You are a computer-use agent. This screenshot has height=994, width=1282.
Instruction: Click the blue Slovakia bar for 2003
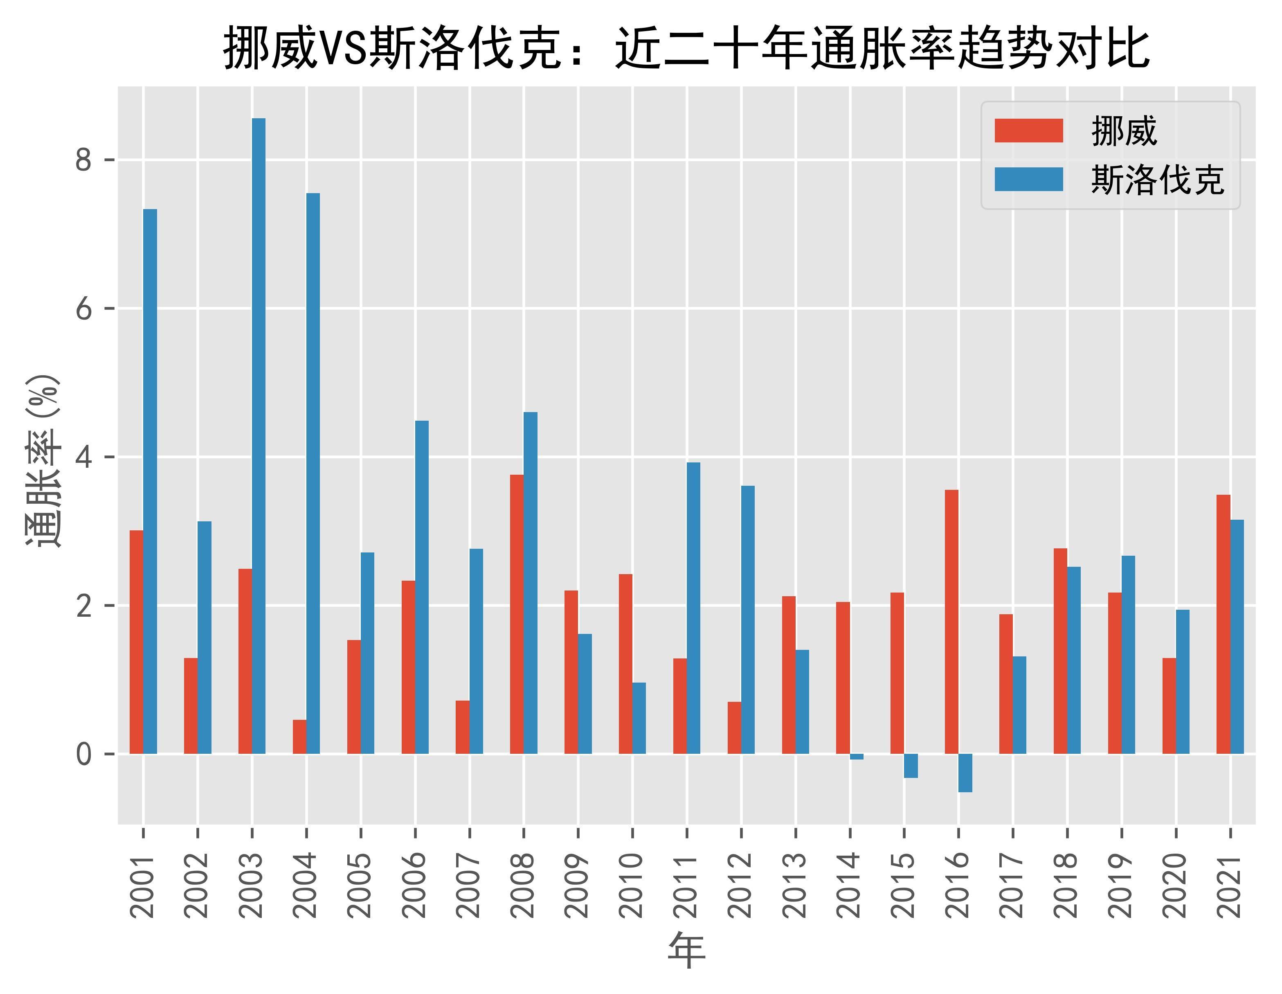tap(258, 436)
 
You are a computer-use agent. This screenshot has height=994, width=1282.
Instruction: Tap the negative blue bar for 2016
tap(965, 773)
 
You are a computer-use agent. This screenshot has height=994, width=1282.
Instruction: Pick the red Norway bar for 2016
tap(951, 621)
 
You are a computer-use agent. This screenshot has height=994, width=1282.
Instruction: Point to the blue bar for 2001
tap(150, 481)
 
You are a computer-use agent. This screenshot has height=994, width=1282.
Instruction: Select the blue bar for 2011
tap(693, 608)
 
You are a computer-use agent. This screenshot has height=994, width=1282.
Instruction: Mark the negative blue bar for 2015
tap(911, 766)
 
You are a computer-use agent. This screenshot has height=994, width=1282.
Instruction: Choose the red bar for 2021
tap(1224, 624)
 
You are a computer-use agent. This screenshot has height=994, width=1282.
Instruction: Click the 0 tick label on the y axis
tap(84, 754)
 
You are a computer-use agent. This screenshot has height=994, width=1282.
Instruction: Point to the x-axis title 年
tap(686, 951)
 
